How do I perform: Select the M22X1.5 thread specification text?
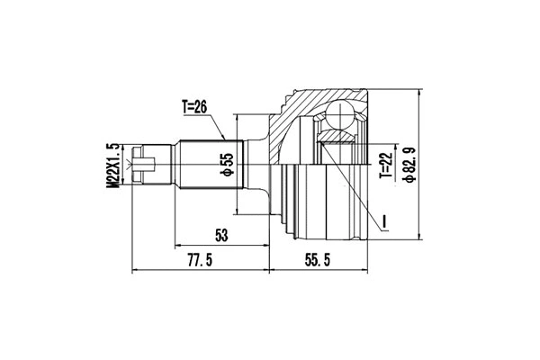pos(113,164)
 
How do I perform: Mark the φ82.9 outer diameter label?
pos(410,165)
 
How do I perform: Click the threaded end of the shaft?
pos(148,165)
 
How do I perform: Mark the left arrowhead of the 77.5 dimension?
pos(136,270)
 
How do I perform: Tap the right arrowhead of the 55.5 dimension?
pos(367,270)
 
